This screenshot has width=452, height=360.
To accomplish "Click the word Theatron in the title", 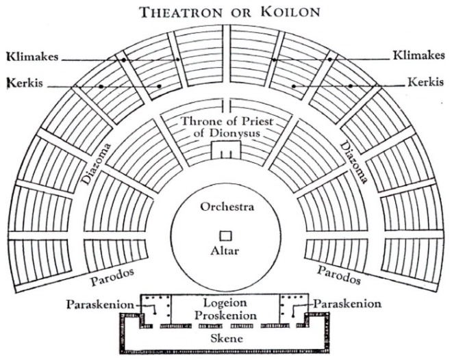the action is coord(181,12).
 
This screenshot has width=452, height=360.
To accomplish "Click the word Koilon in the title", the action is coord(290,12).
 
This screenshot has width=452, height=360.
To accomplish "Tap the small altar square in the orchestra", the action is coord(226,236).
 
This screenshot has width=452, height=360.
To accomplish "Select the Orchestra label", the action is coord(227,207).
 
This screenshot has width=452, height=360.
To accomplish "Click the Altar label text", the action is coord(225,251).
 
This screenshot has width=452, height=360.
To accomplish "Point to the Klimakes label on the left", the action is coord(33,56).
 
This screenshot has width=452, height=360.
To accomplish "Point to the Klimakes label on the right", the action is coord(419,55).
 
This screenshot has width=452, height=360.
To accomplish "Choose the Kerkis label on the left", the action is coord(25,83).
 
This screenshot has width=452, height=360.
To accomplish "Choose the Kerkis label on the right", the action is coord(425,82).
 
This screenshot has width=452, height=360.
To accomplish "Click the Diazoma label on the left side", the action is coord(96,164).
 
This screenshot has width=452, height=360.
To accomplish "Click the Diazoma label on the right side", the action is coord(354,162).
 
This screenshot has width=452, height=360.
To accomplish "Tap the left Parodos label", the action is coord(112,277).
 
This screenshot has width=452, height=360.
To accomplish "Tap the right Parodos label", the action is coord(339,275).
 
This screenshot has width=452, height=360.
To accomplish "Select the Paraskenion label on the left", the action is coord(100,305).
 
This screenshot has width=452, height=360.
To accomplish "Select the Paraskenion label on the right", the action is coord(347,304).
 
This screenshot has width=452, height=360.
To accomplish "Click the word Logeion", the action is coord(225,303).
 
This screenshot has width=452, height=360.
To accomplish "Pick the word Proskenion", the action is coord(225,316).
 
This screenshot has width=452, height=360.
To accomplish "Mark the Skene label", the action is coord(227,338).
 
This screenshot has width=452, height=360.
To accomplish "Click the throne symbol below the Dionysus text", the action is coord(226,150).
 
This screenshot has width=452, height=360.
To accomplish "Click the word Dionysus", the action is coord(227,133).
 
